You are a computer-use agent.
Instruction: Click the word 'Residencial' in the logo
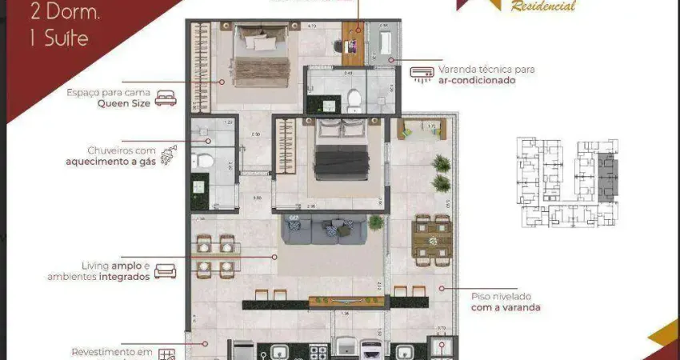click(543, 6)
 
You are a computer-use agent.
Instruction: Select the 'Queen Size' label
click(123, 103)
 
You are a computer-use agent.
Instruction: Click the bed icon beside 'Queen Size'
click(165, 98)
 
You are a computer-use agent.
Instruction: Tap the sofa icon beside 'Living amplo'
click(166, 271)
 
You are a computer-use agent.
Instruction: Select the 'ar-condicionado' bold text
click(477, 80)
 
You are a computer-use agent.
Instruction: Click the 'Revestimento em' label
click(111, 351)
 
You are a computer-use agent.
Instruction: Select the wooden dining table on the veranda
click(432, 238)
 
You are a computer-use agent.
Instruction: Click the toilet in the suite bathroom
click(354, 100)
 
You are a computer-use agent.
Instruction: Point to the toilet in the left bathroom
click(204, 161)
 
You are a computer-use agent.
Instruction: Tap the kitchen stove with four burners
click(318, 351)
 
